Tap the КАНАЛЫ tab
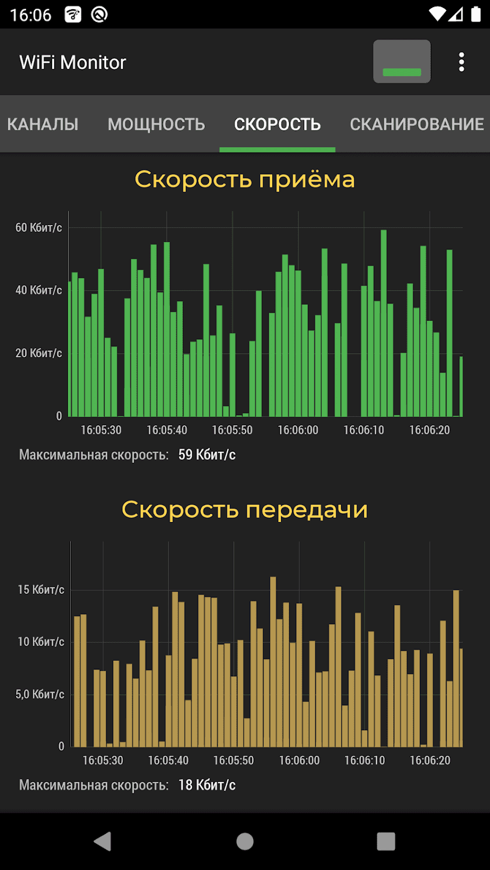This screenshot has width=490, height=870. click(x=42, y=124)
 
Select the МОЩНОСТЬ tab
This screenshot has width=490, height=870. click(x=156, y=124)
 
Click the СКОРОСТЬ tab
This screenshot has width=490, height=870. click(x=277, y=124)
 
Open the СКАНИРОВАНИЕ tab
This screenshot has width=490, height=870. click(x=416, y=124)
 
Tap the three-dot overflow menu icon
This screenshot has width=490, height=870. click(x=462, y=62)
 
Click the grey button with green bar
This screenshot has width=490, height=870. click(x=402, y=61)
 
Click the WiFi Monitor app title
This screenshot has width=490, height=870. click(x=73, y=63)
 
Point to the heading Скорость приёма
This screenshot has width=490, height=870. click(x=244, y=179)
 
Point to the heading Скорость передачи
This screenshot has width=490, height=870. click(x=244, y=510)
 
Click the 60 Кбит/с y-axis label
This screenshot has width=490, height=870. click(x=38, y=227)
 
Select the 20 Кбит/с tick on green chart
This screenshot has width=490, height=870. click(x=38, y=353)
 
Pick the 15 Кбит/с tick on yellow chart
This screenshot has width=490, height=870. click(x=41, y=590)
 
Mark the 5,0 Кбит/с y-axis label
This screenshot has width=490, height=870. click(x=39, y=694)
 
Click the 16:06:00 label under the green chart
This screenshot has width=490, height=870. click(x=298, y=430)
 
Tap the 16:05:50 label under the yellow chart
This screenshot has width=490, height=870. click(x=233, y=760)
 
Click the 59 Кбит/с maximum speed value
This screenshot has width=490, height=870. click(x=207, y=455)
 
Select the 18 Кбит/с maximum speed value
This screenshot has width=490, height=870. click(x=207, y=785)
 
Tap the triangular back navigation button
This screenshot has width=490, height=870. click(x=103, y=841)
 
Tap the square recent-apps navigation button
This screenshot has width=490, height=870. click(x=386, y=841)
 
